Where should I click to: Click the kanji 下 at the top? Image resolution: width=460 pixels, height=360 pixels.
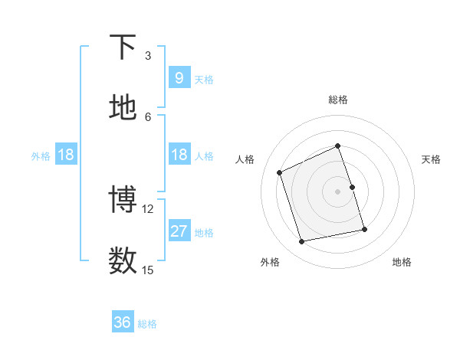point(123,47)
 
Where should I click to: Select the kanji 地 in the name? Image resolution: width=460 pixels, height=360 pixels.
point(123,108)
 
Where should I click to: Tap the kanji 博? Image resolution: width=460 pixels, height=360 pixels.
point(123,200)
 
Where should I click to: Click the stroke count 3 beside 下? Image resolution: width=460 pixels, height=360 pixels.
point(148,56)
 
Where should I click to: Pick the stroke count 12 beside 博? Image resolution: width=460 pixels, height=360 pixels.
point(148,208)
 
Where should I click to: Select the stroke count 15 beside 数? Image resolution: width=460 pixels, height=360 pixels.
point(148,270)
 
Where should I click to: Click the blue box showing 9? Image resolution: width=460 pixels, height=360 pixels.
point(179,78)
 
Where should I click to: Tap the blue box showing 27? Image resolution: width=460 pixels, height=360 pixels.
point(179,231)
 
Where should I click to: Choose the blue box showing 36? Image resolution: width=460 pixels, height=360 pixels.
point(123,322)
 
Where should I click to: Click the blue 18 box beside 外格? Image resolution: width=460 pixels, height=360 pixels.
point(66,155)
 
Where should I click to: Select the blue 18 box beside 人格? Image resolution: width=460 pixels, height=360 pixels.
point(179,155)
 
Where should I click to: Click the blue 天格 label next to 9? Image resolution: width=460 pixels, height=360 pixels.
point(204,80)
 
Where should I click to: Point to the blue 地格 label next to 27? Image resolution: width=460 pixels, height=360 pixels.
point(204,233)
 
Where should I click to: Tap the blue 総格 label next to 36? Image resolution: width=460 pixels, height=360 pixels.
point(147,324)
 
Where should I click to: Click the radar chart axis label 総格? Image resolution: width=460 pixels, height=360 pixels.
point(338,100)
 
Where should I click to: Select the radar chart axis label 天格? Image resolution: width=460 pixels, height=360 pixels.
point(432,159)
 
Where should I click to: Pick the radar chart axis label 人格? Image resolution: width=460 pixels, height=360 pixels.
point(245,159)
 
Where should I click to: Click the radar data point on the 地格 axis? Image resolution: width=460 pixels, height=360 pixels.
point(364,229)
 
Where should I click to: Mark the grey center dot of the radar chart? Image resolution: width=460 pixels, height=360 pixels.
point(338,191)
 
